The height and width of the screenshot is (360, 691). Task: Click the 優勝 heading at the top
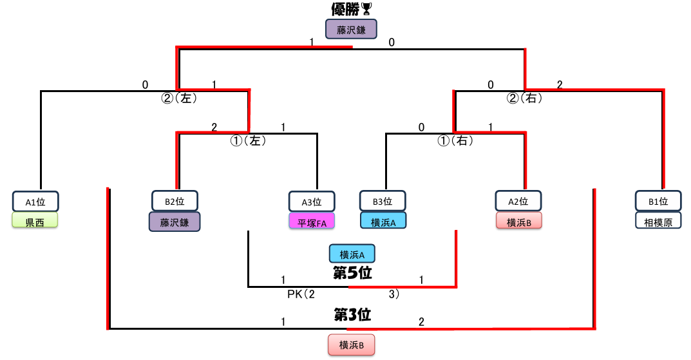click(345, 9)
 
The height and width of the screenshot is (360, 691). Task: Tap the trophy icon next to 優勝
click(366, 9)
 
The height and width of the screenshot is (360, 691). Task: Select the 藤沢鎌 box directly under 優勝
click(350, 29)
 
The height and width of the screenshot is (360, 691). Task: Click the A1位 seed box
click(35, 202)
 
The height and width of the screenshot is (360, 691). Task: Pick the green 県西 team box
click(35, 222)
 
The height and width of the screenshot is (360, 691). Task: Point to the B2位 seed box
click(175, 202)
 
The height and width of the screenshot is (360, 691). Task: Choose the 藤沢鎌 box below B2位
click(175, 222)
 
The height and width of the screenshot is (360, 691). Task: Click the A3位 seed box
click(313, 202)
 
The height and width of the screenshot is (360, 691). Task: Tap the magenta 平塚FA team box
click(313, 222)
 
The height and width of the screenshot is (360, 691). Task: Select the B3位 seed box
click(383, 202)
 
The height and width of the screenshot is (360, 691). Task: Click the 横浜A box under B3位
click(383, 222)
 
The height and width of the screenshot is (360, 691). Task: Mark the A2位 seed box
click(519, 202)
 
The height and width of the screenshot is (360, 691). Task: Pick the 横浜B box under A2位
click(519, 222)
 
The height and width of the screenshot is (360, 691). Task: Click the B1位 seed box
click(658, 202)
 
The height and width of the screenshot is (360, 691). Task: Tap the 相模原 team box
click(658, 222)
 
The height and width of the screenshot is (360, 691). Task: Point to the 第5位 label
click(352, 273)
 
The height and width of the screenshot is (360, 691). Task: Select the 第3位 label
click(352, 315)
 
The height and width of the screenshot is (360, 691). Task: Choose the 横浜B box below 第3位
click(350, 345)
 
